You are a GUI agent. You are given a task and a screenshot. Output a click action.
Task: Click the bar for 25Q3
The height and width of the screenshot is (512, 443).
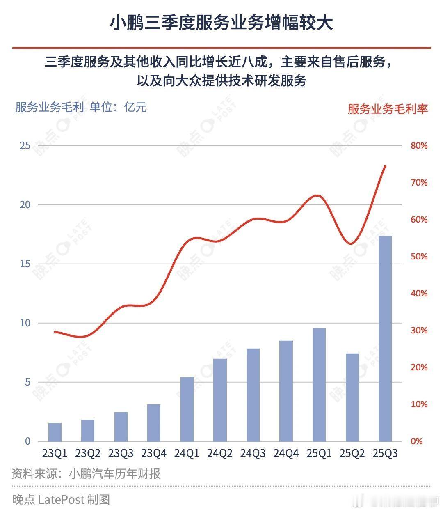[x=385, y=339]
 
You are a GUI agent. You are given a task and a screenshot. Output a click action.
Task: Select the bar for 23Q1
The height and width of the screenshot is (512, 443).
[x=55, y=432]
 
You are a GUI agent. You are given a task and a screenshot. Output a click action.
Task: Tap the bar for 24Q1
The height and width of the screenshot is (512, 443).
[x=187, y=409]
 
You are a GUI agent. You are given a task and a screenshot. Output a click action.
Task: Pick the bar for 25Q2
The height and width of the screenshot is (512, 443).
[x=352, y=397]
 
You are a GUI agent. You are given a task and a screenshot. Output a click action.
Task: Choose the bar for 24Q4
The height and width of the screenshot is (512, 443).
[x=286, y=391]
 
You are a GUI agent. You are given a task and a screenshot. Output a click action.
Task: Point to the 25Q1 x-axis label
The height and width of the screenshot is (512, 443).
[x=319, y=453]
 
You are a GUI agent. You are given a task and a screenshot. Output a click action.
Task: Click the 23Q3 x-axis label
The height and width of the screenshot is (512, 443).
[x=121, y=453]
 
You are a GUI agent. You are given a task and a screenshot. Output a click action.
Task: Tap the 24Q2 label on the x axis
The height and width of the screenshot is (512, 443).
[x=220, y=453]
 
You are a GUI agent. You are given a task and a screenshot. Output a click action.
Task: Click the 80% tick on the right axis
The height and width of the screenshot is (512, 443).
[x=419, y=146]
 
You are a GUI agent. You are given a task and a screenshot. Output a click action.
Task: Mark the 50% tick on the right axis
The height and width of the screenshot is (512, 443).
[x=419, y=257]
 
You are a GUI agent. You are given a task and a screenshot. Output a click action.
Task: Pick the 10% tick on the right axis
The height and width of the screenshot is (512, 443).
[x=419, y=404]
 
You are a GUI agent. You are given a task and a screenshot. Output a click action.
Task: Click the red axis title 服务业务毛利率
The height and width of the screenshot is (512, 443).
[x=388, y=109]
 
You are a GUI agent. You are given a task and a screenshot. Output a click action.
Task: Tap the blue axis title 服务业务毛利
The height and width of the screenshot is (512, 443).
[x=49, y=108]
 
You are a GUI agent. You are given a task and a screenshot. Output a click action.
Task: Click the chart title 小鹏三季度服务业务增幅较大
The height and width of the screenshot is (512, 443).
[x=221, y=23]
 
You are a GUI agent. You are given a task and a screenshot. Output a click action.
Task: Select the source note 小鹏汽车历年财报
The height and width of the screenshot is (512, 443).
[x=114, y=474]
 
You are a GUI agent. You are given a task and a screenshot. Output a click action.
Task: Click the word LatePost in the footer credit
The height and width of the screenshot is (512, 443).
[x=61, y=499]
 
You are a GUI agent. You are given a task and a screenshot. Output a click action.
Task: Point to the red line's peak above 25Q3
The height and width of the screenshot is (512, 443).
[x=385, y=165]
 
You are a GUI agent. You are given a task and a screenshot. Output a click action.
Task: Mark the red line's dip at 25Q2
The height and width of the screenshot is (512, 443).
[x=351, y=243]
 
